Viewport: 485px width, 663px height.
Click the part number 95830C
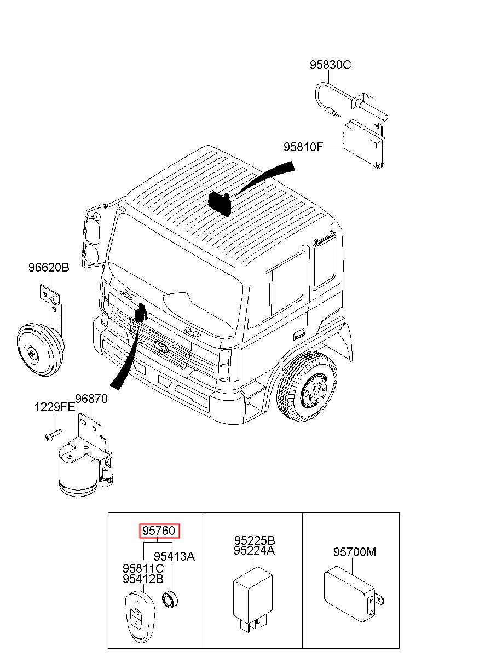coord(330,65)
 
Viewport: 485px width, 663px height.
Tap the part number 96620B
coord(49,268)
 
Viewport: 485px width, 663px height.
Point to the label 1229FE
coord(55,407)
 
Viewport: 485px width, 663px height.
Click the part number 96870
coord(91,399)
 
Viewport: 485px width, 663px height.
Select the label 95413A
coord(174,556)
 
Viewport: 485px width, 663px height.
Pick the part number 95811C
coord(143,568)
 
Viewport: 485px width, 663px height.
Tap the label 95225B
coord(255,540)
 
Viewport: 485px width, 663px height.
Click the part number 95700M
coord(355,552)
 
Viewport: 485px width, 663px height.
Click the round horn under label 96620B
coord(41,350)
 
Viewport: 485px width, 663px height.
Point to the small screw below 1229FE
coord(53,435)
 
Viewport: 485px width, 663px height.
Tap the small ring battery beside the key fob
coord(170,598)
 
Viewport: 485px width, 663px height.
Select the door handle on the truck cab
coord(299,335)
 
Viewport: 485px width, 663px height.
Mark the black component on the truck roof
coord(220,203)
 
